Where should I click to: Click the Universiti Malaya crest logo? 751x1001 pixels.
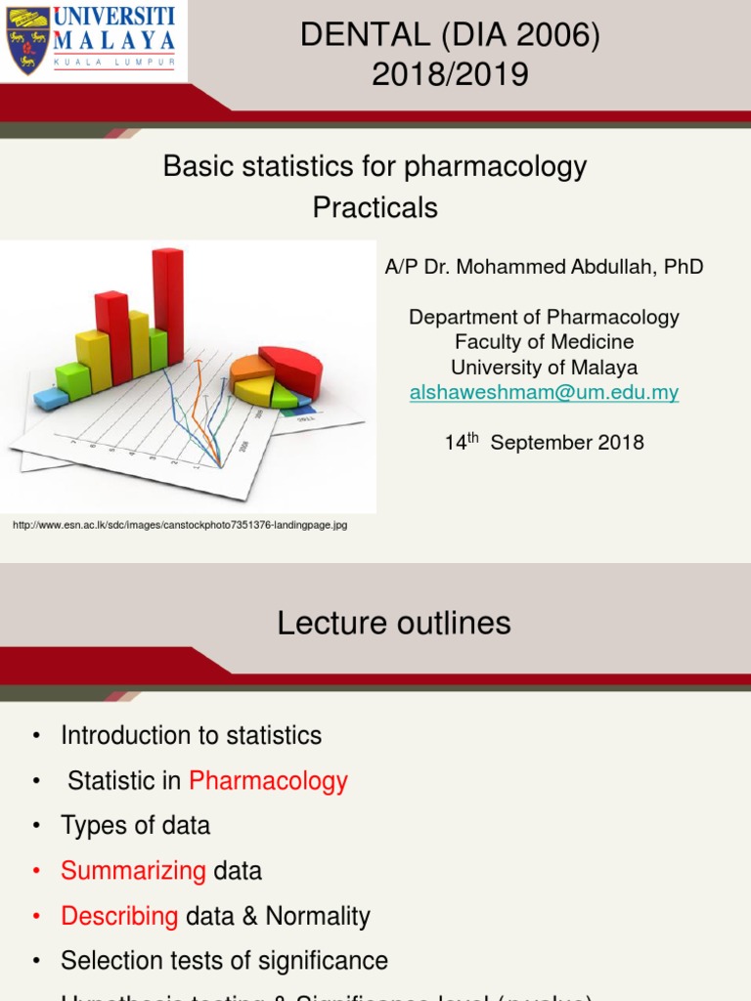tap(28, 40)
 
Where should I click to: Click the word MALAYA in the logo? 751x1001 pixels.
tap(114, 40)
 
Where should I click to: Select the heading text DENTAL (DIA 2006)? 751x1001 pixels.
tap(450, 35)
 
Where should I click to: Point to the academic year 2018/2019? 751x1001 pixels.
tap(450, 74)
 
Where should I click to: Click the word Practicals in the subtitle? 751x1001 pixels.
tap(375, 207)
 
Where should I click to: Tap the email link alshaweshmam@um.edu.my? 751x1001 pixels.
tap(544, 392)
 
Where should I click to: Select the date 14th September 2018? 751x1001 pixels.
tap(544, 442)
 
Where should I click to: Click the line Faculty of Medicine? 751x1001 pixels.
tap(544, 342)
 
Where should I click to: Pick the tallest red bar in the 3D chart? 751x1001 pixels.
tap(168, 305)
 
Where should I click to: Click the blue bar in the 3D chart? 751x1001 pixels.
tap(51, 397)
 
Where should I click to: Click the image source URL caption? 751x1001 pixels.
tap(180, 525)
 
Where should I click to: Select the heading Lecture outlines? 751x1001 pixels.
tap(393, 623)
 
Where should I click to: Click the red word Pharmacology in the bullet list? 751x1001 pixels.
tap(268, 780)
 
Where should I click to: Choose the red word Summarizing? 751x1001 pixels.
tap(133, 870)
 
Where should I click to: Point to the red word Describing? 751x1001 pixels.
tap(119, 916)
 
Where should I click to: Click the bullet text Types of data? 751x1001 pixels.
tap(135, 825)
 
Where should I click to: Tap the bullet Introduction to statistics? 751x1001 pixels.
tap(191, 735)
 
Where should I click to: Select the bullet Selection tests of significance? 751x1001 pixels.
tap(224, 961)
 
